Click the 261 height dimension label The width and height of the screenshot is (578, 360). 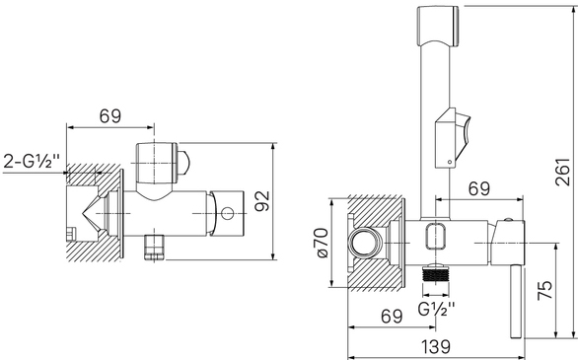563,172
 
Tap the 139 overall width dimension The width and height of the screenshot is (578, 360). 436,347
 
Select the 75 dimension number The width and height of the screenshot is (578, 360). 544,290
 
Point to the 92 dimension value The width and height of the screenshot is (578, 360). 262,201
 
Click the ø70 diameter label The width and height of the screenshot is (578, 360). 321,243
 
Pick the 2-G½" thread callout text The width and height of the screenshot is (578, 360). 32,161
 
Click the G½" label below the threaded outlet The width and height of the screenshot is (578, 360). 436,309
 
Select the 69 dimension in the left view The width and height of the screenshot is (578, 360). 109,116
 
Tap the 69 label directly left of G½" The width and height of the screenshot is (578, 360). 392,316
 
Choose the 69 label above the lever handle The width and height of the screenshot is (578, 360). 479,188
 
